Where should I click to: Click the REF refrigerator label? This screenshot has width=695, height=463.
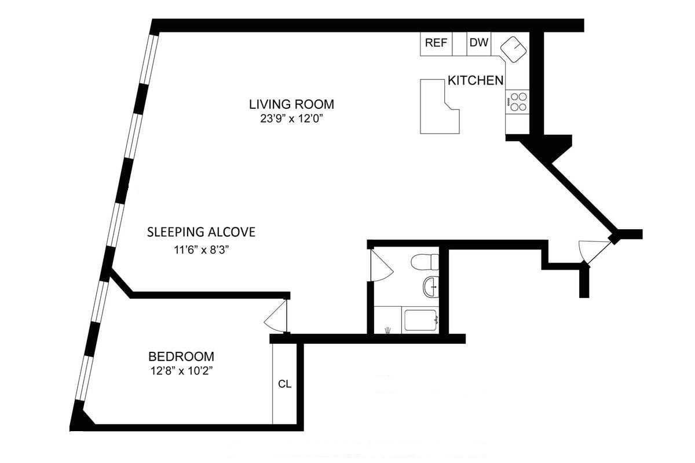coord(436,43)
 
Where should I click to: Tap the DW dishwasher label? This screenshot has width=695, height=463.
coord(479,42)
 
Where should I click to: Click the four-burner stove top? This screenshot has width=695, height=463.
coord(517,102)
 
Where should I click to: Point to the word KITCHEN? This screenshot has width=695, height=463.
coord(475,80)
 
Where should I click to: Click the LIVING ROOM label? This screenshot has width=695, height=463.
coord(292,104)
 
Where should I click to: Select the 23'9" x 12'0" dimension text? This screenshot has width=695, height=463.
coord(292,119)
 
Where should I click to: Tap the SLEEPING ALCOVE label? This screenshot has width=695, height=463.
coord(201,232)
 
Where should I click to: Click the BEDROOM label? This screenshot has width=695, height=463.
coord(181,357)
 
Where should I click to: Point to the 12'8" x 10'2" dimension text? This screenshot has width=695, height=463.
coord(181,370)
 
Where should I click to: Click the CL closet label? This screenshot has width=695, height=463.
coord(284,384)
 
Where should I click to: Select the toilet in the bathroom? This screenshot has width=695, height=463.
coord(425,262)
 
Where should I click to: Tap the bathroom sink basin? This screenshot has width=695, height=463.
coord(431,287)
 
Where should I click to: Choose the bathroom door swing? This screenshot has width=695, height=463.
coord(382,266)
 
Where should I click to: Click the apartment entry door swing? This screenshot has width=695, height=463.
coord(594,251)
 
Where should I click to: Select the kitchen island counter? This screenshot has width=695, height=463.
coord(440,106)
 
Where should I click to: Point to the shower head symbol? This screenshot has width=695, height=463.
coord(388,330)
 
